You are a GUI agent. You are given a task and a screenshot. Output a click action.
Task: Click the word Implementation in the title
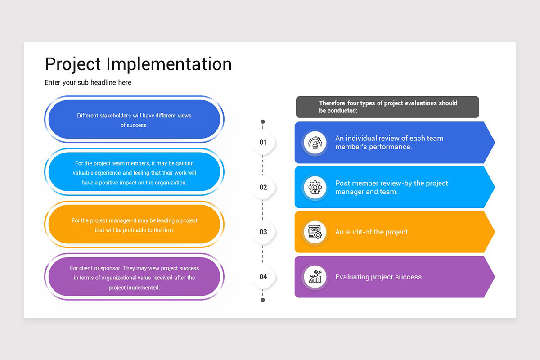169,64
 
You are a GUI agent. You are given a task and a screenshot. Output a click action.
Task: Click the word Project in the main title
73,64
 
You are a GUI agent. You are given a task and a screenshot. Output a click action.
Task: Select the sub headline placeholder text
88,83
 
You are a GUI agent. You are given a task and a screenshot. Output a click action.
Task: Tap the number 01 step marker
263,143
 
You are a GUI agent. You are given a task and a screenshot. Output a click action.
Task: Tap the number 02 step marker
263,187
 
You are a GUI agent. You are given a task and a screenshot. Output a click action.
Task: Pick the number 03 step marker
263,232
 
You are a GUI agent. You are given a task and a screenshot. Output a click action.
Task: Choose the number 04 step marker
263,276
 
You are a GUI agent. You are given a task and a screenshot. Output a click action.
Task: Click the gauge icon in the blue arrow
315,143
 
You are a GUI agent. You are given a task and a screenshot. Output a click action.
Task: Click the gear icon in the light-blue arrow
315,187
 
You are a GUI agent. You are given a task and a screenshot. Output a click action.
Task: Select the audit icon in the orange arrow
315,232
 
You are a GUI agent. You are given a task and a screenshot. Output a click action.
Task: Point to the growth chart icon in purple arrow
315,277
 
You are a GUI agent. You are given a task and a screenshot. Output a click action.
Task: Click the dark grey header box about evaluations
387,107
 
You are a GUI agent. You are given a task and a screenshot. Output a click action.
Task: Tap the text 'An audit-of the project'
371,232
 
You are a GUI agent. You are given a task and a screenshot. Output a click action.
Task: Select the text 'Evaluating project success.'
379,277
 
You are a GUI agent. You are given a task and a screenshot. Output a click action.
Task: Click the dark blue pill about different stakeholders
134,120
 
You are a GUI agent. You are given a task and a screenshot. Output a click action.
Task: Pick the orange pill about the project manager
134,225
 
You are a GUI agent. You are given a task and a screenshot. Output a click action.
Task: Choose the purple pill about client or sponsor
134,277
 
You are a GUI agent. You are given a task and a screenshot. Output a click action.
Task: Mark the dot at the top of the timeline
263,122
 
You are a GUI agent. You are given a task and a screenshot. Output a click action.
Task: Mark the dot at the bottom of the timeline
263,300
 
